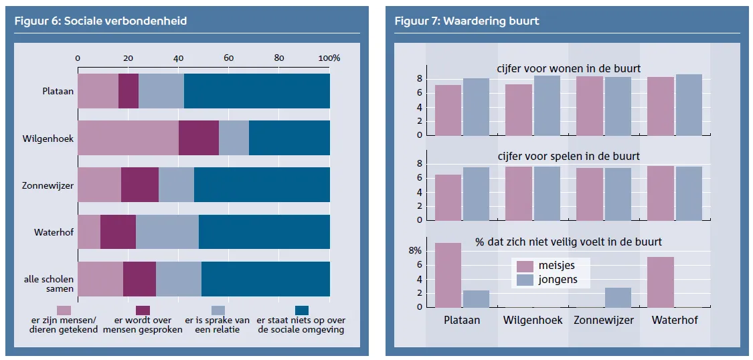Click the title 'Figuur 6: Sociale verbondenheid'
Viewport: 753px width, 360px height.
(100, 21)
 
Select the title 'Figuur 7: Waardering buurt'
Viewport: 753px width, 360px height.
(467, 21)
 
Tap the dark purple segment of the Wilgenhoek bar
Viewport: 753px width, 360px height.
(199, 138)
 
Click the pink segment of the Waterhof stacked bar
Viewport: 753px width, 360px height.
(89, 232)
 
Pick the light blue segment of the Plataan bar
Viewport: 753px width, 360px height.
(161, 91)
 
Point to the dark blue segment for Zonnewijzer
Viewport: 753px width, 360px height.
(262, 185)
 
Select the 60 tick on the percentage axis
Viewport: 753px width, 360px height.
(229, 58)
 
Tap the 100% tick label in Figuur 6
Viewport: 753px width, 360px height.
(329, 58)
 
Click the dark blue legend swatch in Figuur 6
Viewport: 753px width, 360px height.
(302, 310)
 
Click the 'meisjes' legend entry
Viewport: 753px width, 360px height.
(546, 266)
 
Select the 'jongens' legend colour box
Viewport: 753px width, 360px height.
(525, 280)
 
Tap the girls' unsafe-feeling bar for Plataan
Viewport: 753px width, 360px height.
(448, 275)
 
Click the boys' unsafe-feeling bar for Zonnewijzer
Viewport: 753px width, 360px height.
(618, 298)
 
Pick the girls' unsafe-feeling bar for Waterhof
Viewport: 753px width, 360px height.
(661, 282)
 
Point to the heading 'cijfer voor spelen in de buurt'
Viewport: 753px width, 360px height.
(568, 157)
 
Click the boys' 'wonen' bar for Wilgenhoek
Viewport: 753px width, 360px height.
(547, 106)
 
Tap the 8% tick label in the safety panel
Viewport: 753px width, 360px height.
(414, 251)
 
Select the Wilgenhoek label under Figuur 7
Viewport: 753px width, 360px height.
(533, 320)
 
